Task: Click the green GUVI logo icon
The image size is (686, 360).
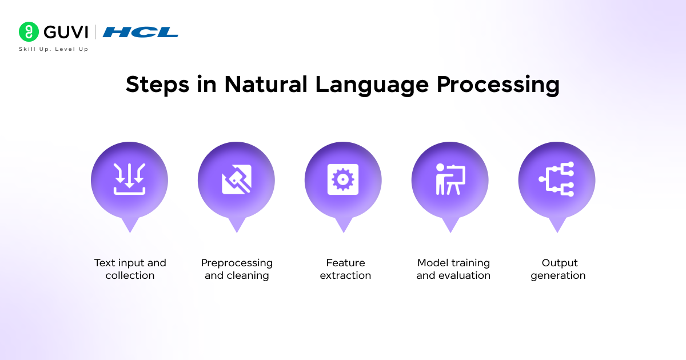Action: (29, 32)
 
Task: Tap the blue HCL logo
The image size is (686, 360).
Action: (140, 32)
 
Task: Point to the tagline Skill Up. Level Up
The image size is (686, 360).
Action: (54, 49)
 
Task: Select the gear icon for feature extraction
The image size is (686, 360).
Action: (343, 179)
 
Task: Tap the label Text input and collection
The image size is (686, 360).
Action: (130, 269)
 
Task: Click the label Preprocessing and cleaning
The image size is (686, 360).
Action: (237, 269)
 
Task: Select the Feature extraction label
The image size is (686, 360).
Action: (345, 269)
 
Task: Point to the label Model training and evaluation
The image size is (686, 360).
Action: (453, 269)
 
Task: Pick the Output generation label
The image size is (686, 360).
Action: (558, 269)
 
